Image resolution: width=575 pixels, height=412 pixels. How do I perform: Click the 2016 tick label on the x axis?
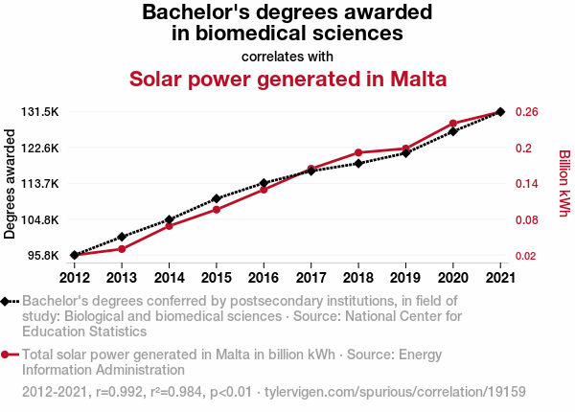(264, 278)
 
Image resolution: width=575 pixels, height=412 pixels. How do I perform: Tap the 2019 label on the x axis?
(405, 278)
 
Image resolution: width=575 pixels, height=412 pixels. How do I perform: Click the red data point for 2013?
(122, 249)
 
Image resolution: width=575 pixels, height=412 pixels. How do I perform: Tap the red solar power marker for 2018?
(358, 153)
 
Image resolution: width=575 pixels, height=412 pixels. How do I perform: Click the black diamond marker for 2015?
(217, 198)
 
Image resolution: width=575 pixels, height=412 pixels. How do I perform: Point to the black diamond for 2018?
(358, 164)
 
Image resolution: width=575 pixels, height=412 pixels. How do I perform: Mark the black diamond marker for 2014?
(169, 220)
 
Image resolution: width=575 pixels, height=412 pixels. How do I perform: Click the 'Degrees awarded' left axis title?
(11, 184)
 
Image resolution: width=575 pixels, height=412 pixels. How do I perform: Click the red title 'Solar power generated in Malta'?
(287, 79)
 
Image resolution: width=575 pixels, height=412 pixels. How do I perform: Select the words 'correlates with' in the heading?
(287, 56)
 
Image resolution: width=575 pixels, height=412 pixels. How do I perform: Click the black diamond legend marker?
(6, 301)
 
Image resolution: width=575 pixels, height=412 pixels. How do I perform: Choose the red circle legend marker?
(6, 355)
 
